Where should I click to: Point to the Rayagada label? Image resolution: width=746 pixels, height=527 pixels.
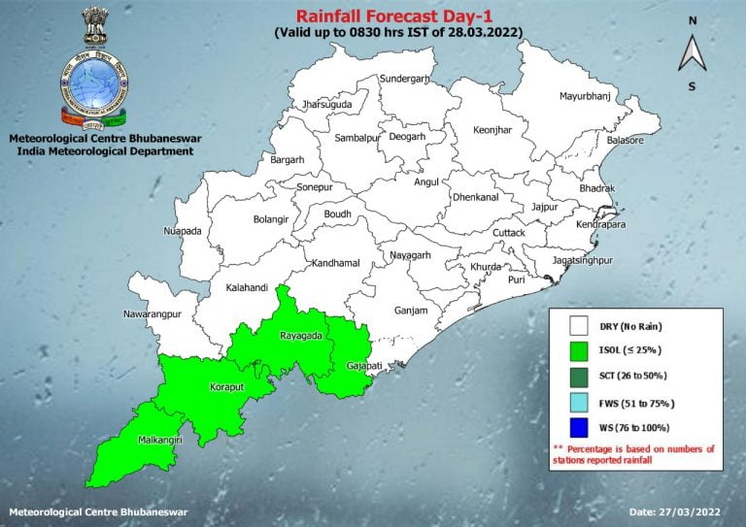(x=299, y=336)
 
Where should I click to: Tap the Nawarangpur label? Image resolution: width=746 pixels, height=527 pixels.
(x=153, y=314)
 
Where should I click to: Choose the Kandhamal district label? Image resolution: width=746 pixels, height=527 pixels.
(x=335, y=263)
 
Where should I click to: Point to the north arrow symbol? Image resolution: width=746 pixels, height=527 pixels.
(x=692, y=52)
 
